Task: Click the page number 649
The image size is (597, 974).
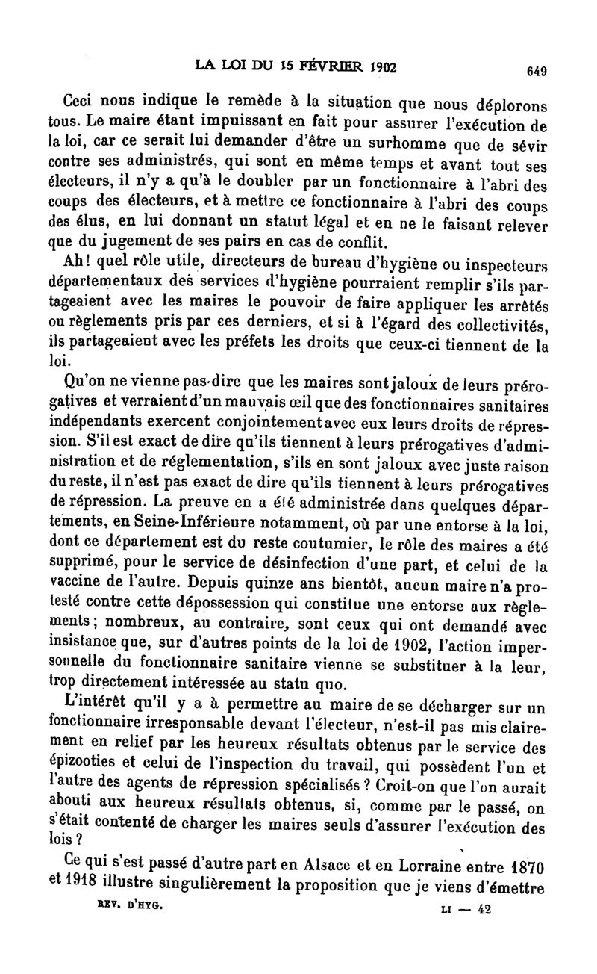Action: tap(537, 72)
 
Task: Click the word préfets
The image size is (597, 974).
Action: tap(279, 344)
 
